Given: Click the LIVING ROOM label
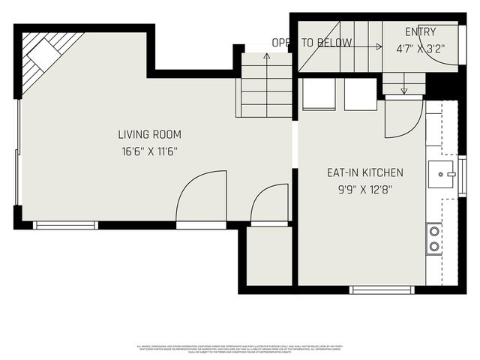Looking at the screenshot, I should pyautogui.click(x=149, y=135).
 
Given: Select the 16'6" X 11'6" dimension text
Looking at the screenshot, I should pyautogui.click(x=149, y=151).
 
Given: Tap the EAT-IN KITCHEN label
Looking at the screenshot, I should pyautogui.click(x=364, y=172).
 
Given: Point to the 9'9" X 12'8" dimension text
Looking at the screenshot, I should pyautogui.click(x=364, y=189).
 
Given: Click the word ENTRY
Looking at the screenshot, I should pyautogui.click(x=420, y=31).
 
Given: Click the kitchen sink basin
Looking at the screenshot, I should pyautogui.click(x=439, y=174).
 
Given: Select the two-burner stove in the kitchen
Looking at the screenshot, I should pyautogui.click(x=433, y=238).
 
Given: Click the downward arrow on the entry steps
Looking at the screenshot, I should pyautogui.click(x=403, y=88).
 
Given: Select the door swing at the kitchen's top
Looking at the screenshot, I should pyautogui.click(x=403, y=118).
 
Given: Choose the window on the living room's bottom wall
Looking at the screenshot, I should pyautogui.click(x=66, y=224).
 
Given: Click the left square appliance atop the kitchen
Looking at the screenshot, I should pyautogui.click(x=318, y=94).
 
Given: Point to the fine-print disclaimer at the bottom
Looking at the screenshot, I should pyautogui.click(x=239, y=349).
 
